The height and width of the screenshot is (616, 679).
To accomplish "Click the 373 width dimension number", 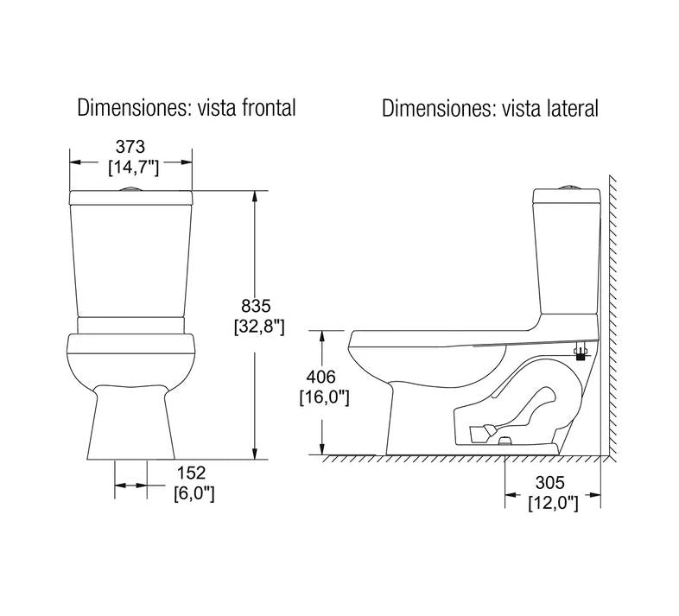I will pyautogui.click(x=132, y=146).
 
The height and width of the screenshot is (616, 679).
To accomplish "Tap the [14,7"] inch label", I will pyautogui.click(x=132, y=168).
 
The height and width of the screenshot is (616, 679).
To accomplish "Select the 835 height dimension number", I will pyautogui.click(x=256, y=305).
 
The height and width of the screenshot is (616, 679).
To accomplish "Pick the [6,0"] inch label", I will pyautogui.click(x=194, y=494).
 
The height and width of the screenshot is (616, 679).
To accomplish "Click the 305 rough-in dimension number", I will pyautogui.click(x=553, y=482).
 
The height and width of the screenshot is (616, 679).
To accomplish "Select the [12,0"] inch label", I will pyautogui.click(x=553, y=503).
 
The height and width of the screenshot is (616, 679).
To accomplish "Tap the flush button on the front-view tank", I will pyautogui.click(x=130, y=187).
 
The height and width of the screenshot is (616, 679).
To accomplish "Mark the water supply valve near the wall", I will pyautogui.click(x=581, y=351).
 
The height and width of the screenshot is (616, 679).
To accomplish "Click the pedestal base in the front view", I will pyautogui.click(x=130, y=423).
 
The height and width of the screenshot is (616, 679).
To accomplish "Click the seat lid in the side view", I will pyautogui.click(x=432, y=335).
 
